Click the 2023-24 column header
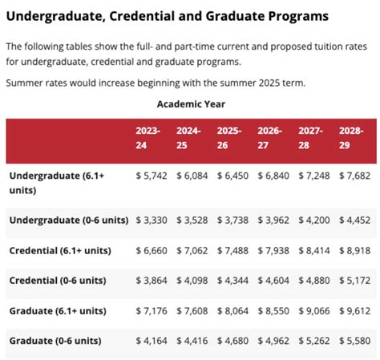click(148, 138)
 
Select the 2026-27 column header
click(269, 138)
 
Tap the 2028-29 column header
click(351, 138)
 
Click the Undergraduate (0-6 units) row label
click(69, 220)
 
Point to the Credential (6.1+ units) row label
click(60, 251)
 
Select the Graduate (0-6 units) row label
click(55, 341)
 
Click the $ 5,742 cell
click(152, 176)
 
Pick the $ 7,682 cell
click(355, 176)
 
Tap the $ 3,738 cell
click(232, 220)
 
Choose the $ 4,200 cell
click(314, 220)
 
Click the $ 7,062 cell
click(192, 251)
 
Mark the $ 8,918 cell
click(355, 251)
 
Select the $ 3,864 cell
click(152, 281)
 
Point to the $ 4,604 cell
click(273, 281)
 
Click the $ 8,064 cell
click(232, 311)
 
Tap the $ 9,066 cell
click(314, 311)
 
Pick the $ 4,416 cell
click(192, 341)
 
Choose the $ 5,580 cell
click(355, 341)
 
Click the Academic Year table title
click(191, 104)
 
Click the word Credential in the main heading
click(142, 16)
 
